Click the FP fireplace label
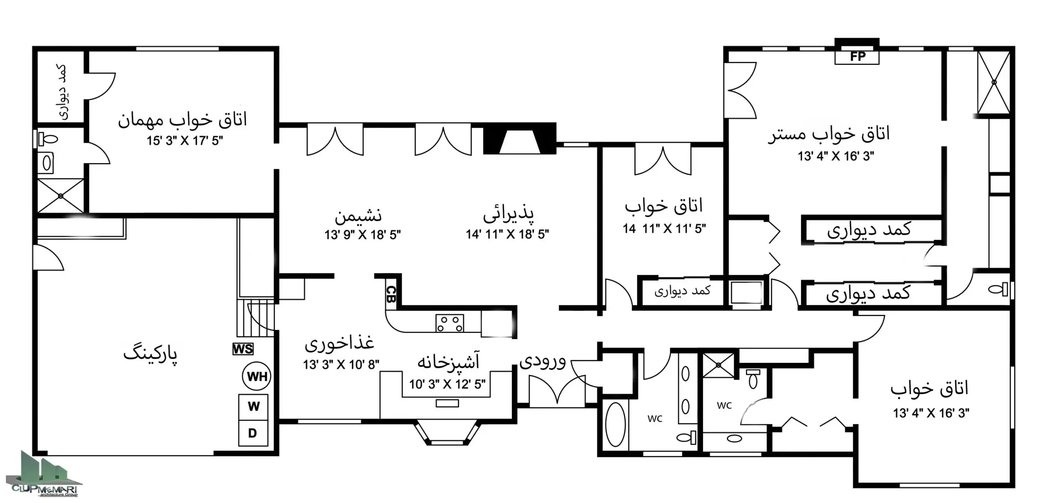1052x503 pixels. click(857, 57)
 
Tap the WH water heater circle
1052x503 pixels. click(257, 376)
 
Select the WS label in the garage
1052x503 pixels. click(243, 349)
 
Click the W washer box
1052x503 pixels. click(254, 407)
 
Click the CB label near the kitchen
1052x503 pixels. click(391, 294)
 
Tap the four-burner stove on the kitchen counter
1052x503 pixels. click(450, 323)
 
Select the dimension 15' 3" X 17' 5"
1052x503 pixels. click(185, 141)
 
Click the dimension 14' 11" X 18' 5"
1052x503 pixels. click(508, 234)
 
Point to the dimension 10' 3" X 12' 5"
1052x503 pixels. click(447, 384)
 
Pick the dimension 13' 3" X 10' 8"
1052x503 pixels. click(341, 365)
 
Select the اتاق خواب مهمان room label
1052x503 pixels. click(182, 120)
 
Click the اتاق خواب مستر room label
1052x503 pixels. click(829, 135)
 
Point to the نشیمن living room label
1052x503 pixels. click(358, 216)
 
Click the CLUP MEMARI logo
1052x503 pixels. click(44, 476)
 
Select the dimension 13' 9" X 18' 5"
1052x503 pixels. click(362, 235)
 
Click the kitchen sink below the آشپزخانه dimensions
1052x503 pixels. click(447, 404)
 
